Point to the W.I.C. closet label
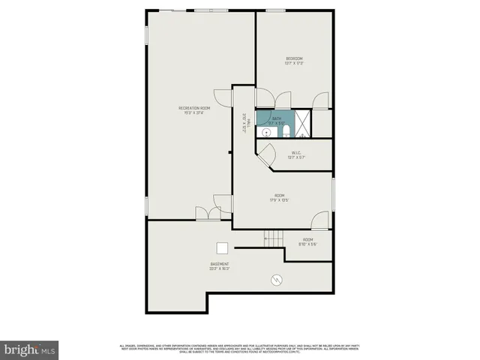pos(297,155)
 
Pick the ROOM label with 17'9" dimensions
pos(280,198)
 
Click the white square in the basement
pos(223,249)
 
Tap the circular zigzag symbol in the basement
pos(277,280)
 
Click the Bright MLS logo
pos(30,349)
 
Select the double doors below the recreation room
pos(208,213)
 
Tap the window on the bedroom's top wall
pos(274,10)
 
